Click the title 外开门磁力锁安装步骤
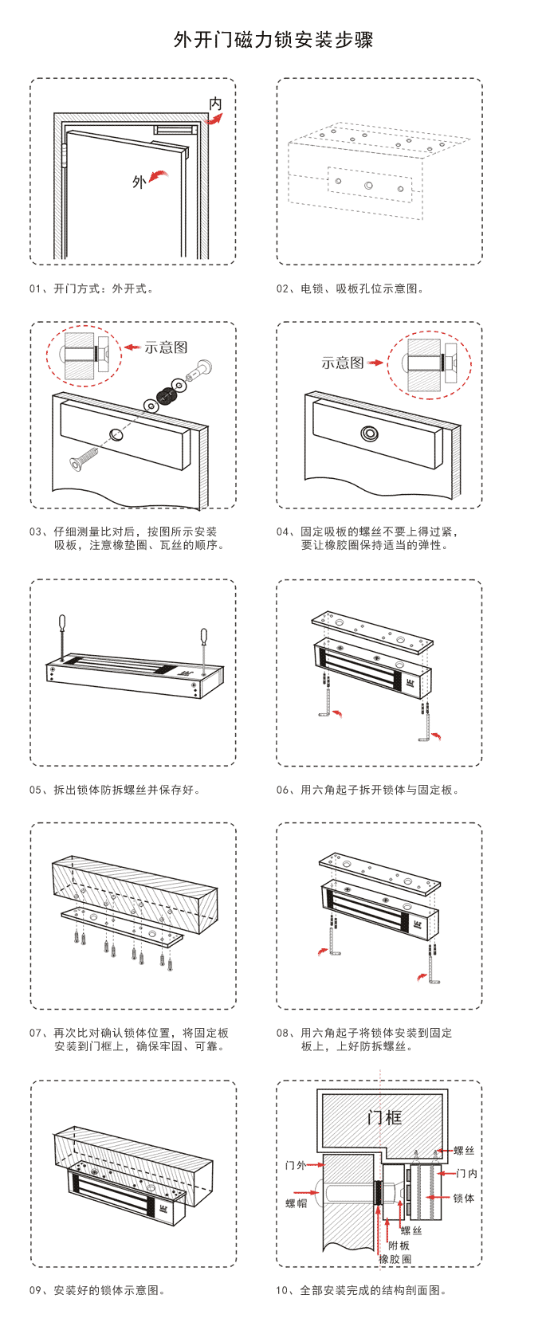[273, 40]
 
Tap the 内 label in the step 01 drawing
[215, 104]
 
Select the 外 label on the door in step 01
[139, 182]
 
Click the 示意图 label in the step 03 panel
[166, 347]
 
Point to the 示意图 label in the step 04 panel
[342, 363]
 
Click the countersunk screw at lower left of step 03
[83, 458]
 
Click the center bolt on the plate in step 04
[369, 434]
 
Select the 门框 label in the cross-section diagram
[384, 1118]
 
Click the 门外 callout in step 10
[296, 1165]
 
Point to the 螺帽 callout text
[296, 1203]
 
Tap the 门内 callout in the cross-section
[467, 1174]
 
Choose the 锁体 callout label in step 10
[463, 1199]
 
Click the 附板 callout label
[399, 1246]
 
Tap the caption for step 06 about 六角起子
[367, 790]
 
